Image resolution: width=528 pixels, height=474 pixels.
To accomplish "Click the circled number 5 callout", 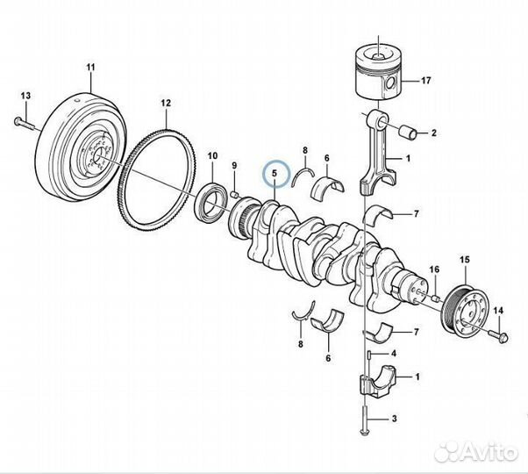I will [275, 174].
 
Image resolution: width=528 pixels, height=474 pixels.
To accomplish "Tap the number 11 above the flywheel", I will [89, 67].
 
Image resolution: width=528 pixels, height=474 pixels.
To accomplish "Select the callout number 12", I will [165, 103].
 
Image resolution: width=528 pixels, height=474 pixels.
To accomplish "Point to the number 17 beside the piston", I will [426, 82].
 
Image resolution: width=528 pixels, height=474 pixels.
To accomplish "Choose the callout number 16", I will [433, 269].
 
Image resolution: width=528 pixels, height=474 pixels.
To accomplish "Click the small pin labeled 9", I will [236, 193].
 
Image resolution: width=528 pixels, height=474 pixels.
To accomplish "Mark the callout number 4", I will [393, 353].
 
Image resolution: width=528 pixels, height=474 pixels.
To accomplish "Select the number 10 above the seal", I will [212, 155].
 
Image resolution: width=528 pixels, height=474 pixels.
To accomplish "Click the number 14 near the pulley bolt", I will [498, 311].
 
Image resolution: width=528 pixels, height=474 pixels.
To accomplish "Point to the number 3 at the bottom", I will [394, 420].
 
